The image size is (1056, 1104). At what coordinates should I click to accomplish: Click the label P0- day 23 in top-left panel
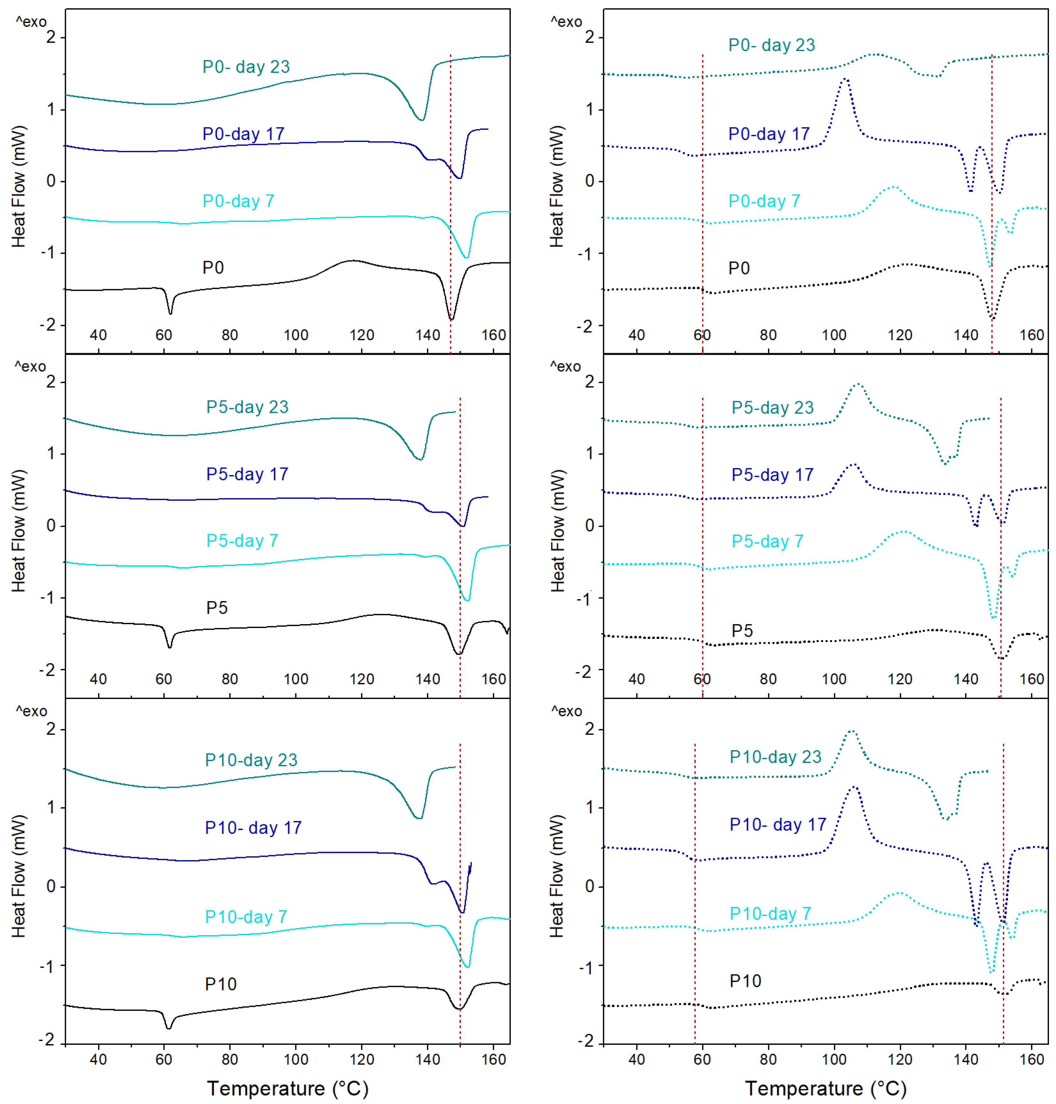[246, 67]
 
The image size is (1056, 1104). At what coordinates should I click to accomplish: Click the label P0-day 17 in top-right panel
[768, 134]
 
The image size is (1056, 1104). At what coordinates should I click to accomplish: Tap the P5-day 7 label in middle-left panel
[242, 540]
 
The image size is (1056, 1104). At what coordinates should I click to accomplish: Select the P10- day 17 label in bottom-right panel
[777, 825]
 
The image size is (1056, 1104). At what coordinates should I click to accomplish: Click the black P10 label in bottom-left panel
[221, 984]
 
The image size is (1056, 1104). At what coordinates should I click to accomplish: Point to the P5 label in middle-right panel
[742, 631]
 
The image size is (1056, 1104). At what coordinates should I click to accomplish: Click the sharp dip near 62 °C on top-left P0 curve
[170, 313]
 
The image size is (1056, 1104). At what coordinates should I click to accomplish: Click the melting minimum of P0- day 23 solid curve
[421, 119]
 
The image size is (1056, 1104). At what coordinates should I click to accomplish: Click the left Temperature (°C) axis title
[288, 1088]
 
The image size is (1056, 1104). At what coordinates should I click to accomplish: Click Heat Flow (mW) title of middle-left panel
[19, 531]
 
